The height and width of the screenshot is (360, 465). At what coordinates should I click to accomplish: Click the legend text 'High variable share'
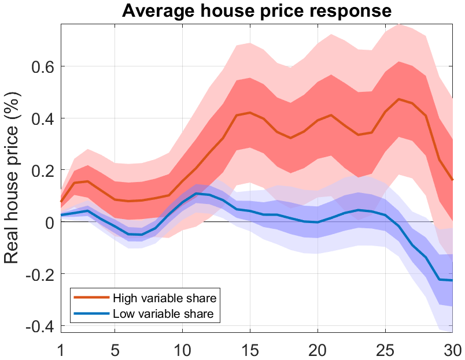pos(165,298)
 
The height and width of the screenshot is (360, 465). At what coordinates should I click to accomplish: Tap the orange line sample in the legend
pos(91,298)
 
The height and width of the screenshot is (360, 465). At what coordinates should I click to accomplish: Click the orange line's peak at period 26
pos(398,99)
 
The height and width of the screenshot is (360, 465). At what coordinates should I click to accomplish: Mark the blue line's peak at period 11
pos(196,193)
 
